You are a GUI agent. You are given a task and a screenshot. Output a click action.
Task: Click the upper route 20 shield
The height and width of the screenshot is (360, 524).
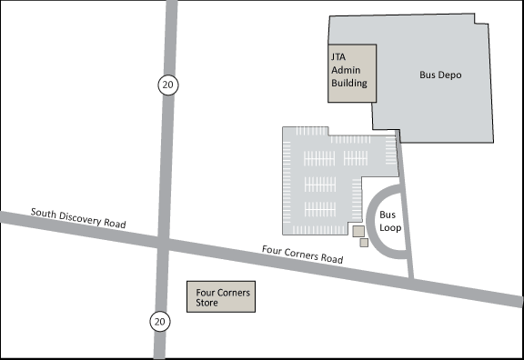click(x=166, y=85)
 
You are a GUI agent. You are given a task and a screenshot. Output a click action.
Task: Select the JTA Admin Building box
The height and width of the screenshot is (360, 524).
click(x=350, y=73)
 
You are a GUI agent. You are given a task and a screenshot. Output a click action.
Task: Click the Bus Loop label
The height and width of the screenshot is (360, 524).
click(x=389, y=222)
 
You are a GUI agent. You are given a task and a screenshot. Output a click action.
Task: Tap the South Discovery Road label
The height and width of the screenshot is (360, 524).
click(x=78, y=218)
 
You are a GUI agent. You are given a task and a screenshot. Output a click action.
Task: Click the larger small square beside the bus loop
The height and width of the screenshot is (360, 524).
click(x=358, y=231)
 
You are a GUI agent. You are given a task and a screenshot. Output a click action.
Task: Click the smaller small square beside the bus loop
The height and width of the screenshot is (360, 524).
click(x=364, y=243)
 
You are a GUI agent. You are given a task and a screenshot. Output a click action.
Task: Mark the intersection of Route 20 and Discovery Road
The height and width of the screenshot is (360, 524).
click(x=164, y=243)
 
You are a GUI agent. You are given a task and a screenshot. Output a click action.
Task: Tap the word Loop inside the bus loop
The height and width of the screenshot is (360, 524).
click(x=390, y=228)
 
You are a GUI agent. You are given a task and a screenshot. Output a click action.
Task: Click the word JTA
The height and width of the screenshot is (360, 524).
click(x=338, y=56)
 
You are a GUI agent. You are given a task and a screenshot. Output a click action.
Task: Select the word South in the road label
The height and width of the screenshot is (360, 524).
click(x=45, y=213)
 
